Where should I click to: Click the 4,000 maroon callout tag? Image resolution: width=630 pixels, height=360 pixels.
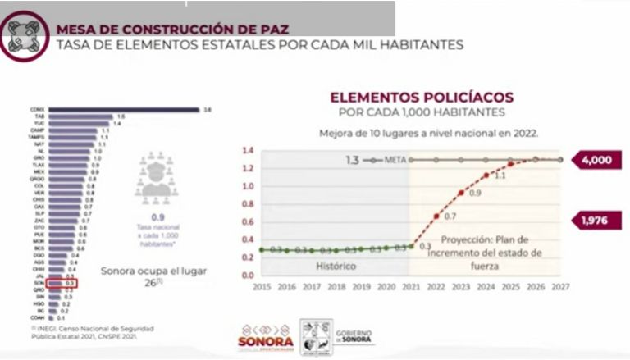click(596, 161)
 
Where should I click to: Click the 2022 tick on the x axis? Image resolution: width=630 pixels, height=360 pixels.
click(436, 287)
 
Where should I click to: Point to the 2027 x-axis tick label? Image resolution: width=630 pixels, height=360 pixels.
click(561, 287)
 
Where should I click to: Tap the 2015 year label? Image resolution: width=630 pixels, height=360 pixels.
click(262, 287)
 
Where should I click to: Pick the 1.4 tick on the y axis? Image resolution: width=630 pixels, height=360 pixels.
click(247, 152)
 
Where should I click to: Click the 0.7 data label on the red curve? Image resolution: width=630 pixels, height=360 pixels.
click(450, 216)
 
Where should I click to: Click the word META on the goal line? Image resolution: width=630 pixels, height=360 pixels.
click(395, 160)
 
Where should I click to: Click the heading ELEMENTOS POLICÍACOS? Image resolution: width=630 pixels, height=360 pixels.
click(421, 97)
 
